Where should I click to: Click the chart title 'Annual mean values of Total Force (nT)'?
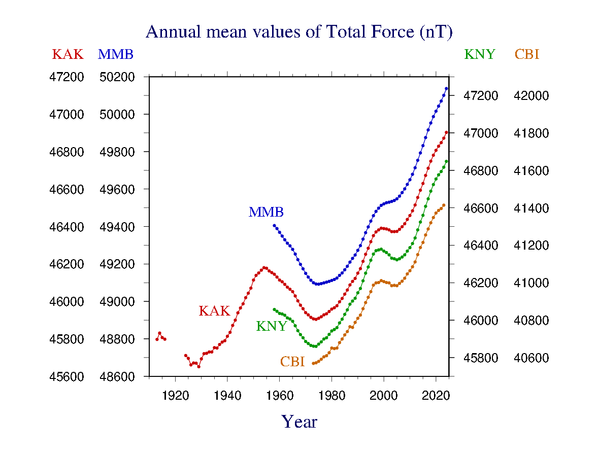pos(298,32)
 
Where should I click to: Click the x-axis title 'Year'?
pos(299,422)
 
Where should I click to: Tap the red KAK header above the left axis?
pos(68,54)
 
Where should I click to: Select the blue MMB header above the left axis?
pos(115,54)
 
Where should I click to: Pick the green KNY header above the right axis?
pos(479,54)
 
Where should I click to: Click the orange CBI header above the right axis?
pos(526,54)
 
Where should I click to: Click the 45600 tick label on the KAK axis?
pos(67,377)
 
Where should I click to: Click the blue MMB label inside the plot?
pos(265,213)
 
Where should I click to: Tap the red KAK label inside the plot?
pos(214,311)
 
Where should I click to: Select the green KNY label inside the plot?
pos(272,326)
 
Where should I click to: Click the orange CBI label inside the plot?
pos(292,362)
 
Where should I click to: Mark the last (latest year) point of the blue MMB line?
pos(446,88)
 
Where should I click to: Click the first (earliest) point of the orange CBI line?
pos(313,363)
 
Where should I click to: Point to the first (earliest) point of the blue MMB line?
pos(274,226)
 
